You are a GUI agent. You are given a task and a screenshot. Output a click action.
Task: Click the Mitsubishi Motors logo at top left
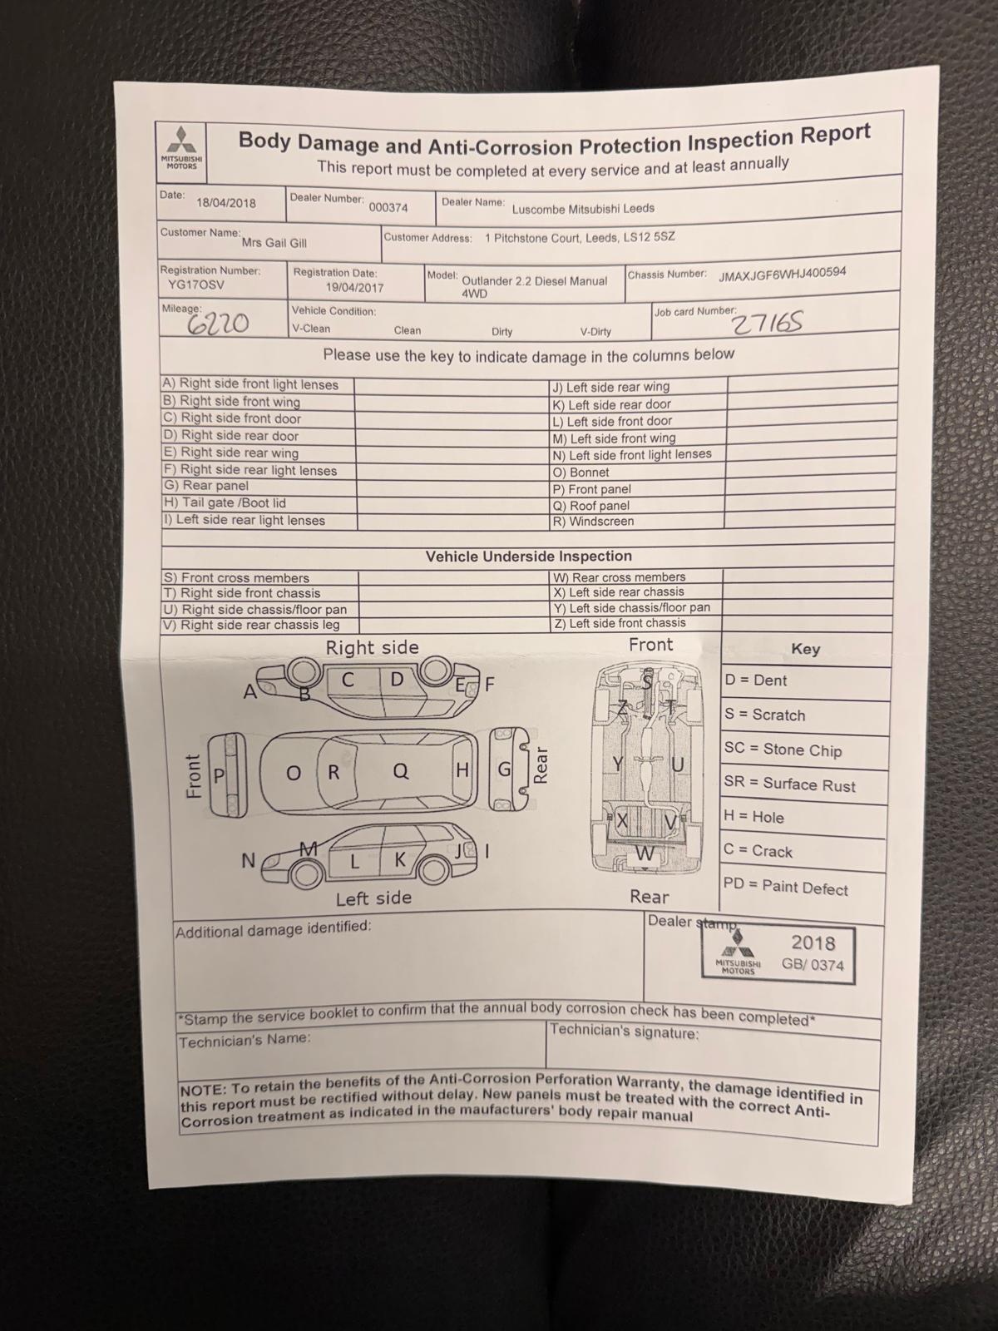[181, 148]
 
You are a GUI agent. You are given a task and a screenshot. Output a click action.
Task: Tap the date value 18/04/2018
[226, 203]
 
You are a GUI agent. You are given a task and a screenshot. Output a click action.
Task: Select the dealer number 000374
[388, 207]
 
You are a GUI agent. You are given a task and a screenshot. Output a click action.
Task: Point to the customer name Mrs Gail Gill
[274, 243]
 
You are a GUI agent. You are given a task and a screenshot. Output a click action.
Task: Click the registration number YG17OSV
[195, 285]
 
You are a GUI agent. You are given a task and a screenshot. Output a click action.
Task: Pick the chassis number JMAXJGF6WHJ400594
[783, 274]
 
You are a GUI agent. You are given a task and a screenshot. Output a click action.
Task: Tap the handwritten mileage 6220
[218, 324]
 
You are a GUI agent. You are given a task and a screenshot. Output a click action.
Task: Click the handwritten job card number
[767, 324]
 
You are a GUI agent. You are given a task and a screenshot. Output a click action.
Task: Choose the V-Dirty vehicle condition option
[595, 332]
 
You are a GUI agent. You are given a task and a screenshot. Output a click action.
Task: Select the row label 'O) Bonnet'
[581, 472]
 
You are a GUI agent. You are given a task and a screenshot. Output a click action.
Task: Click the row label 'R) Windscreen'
[593, 522]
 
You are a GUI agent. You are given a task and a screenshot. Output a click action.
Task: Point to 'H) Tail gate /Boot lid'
[225, 503]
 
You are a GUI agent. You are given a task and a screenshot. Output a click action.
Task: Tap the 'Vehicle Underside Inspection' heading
[528, 556]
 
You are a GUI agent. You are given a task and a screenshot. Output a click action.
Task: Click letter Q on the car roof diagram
[401, 770]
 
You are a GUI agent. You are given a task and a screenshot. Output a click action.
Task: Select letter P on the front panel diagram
[219, 776]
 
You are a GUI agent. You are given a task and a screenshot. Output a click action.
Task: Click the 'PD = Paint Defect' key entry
[785, 887]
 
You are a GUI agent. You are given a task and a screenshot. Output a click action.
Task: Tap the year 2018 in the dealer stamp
[813, 943]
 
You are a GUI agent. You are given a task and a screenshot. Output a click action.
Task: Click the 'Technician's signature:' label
[624, 1031]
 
